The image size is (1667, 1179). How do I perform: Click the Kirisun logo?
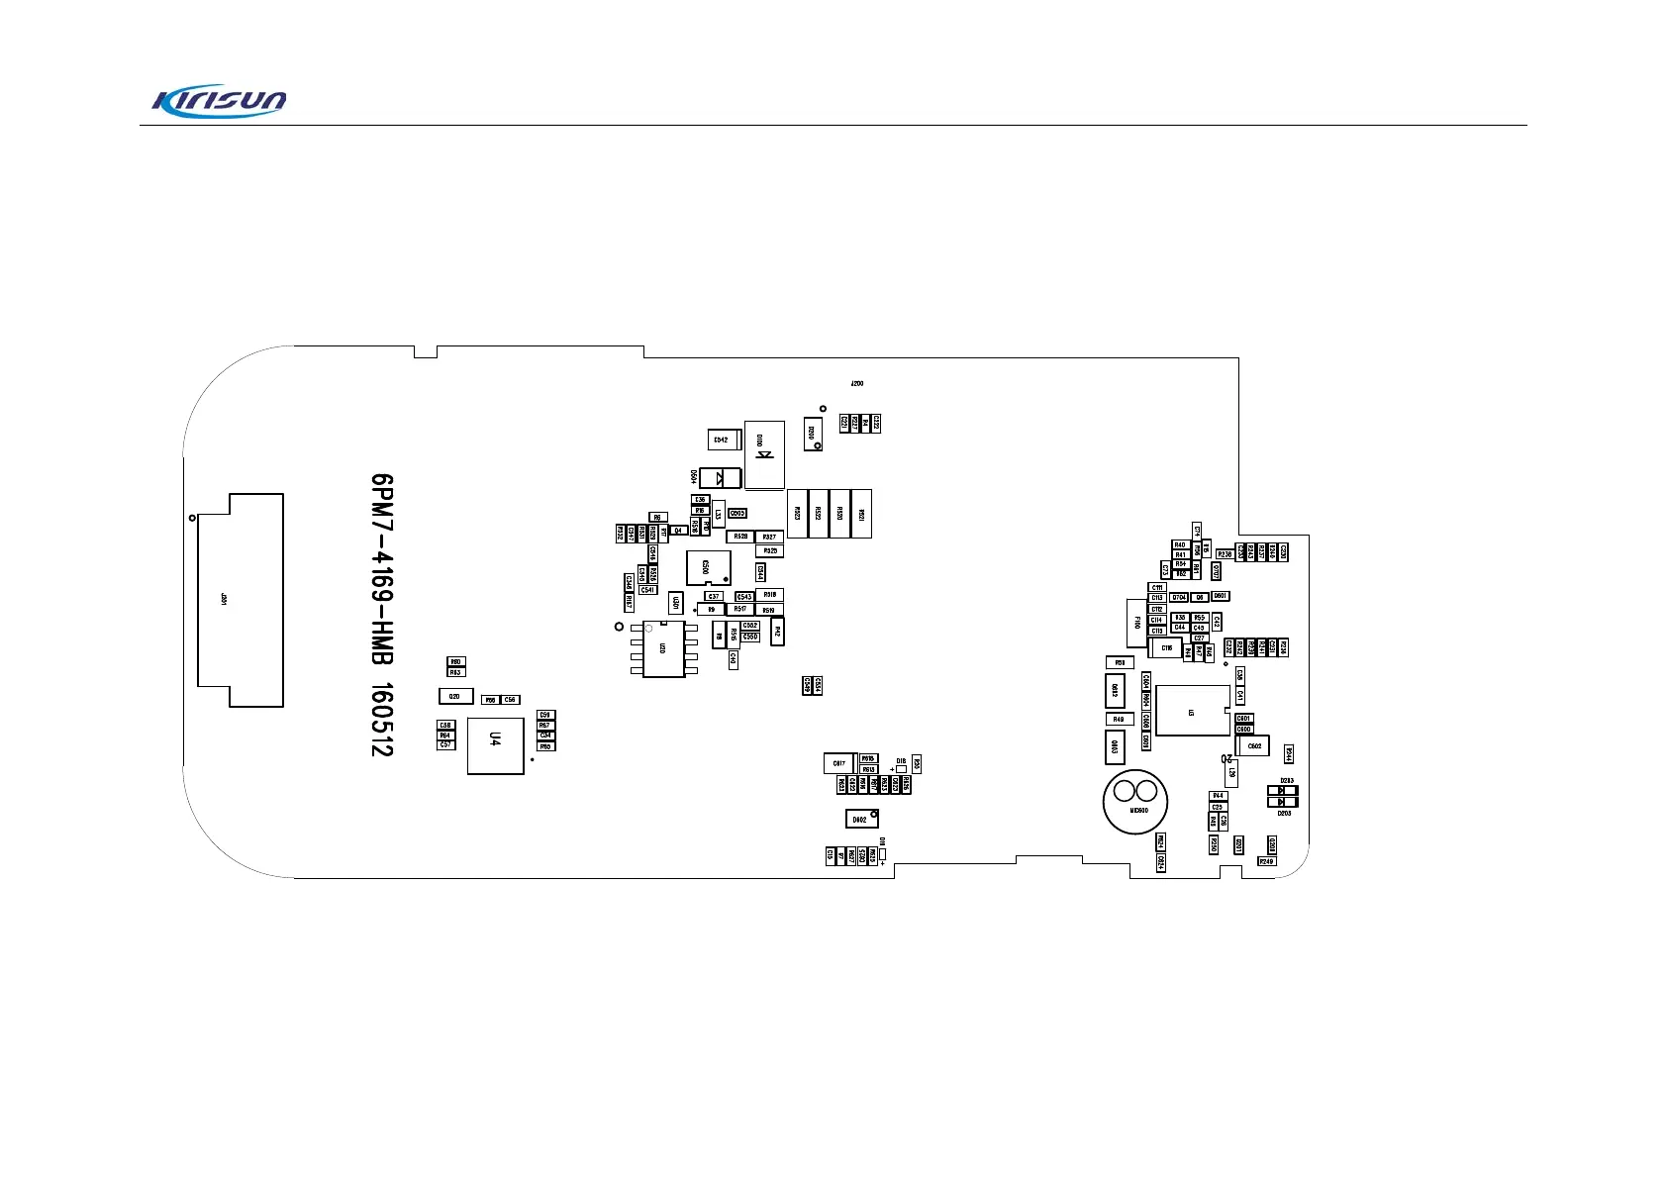(219, 100)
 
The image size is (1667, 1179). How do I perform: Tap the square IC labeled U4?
(495, 746)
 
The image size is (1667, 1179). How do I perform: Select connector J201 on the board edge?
(241, 600)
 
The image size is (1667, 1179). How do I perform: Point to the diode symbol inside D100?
(764, 455)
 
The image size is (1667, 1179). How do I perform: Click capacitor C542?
(721, 440)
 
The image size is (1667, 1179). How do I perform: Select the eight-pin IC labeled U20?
(663, 649)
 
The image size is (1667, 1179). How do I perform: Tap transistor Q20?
(455, 697)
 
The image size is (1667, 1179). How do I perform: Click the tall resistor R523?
(797, 513)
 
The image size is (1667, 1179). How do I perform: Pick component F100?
(1136, 624)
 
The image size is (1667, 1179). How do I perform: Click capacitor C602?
(1253, 745)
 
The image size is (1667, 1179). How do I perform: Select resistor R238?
(1225, 554)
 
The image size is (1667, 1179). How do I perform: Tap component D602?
(861, 819)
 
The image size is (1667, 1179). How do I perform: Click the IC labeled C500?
(707, 567)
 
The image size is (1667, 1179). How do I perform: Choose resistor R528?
(740, 537)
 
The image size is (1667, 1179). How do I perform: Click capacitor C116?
(1166, 648)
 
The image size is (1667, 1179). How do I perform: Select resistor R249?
(1266, 861)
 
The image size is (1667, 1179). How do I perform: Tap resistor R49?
(1118, 720)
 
